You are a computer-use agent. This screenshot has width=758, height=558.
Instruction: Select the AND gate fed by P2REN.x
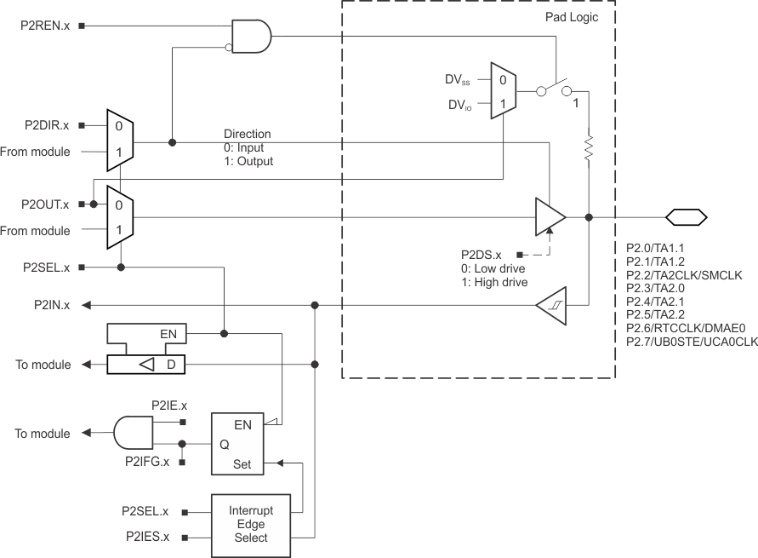(x=254, y=37)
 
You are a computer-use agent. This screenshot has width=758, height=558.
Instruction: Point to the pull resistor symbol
(x=588, y=147)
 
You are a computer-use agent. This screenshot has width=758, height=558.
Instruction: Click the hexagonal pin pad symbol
(x=686, y=217)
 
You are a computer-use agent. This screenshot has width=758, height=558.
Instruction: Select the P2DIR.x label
(x=48, y=125)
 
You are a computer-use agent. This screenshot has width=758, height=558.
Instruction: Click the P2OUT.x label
(x=46, y=204)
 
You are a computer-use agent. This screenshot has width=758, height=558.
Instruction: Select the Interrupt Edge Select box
(x=248, y=525)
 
